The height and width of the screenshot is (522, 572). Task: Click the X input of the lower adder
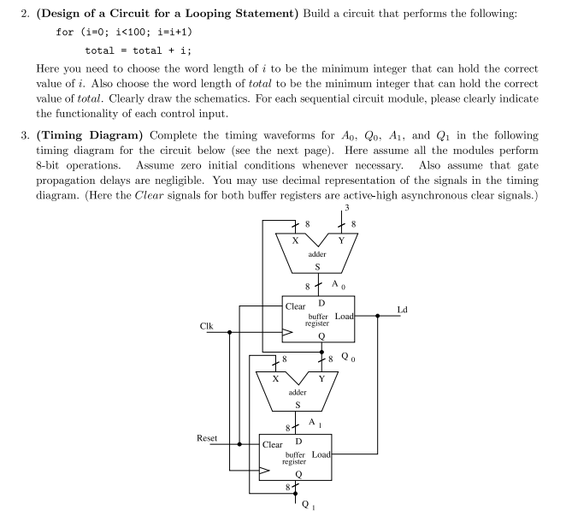[x=274, y=377]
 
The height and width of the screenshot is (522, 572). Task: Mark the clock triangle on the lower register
[x=267, y=470]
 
